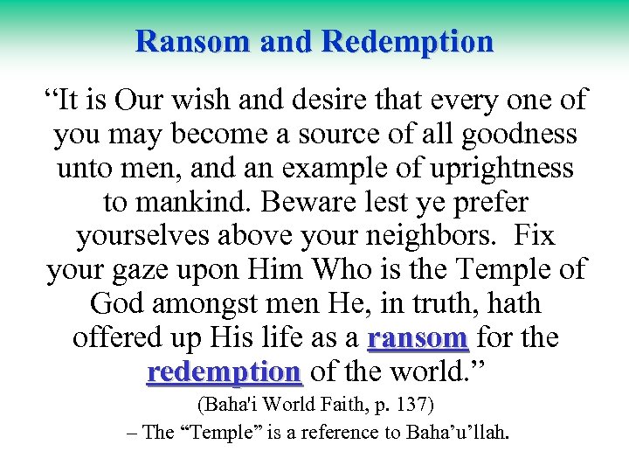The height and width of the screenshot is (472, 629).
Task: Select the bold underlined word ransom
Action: coord(418,337)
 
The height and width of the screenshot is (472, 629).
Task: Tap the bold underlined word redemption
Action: coord(224,371)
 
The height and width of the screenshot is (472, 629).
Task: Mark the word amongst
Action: coord(220,304)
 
